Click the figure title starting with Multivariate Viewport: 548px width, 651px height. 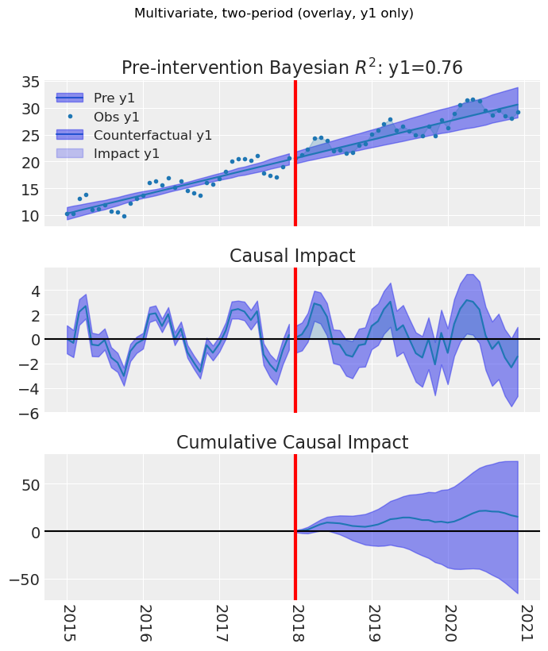point(274,13)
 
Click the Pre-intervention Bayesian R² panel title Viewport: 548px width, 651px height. point(291,68)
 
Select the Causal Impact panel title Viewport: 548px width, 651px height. point(291,256)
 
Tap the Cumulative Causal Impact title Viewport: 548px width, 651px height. point(291,442)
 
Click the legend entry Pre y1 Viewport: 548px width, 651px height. point(114,98)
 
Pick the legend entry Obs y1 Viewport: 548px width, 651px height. point(117,117)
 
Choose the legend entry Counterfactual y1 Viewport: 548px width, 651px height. point(153,135)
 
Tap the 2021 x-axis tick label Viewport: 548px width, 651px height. point(525,625)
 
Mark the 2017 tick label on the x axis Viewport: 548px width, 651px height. point(220,625)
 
